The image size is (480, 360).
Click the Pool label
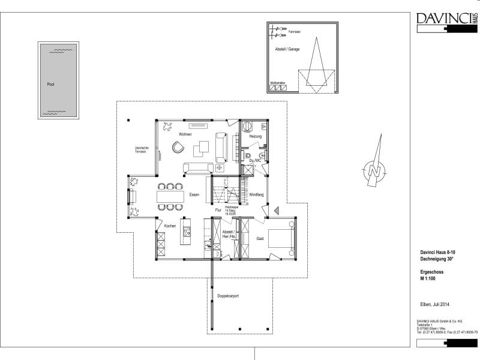[x=50, y=84]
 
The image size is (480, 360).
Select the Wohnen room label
[x=185, y=134]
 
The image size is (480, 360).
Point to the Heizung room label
[x=256, y=137]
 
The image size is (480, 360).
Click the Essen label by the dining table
[x=194, y=195]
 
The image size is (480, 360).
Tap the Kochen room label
[x=170, y=226]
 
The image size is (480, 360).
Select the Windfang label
[x=256, y=194]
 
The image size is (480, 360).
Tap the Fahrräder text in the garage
[x=295, y=31]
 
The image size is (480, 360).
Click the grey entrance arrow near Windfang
[x=277, y=210]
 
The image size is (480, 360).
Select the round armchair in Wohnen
[x=178, y=148]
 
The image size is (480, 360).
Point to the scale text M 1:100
[x=427, y=279]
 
